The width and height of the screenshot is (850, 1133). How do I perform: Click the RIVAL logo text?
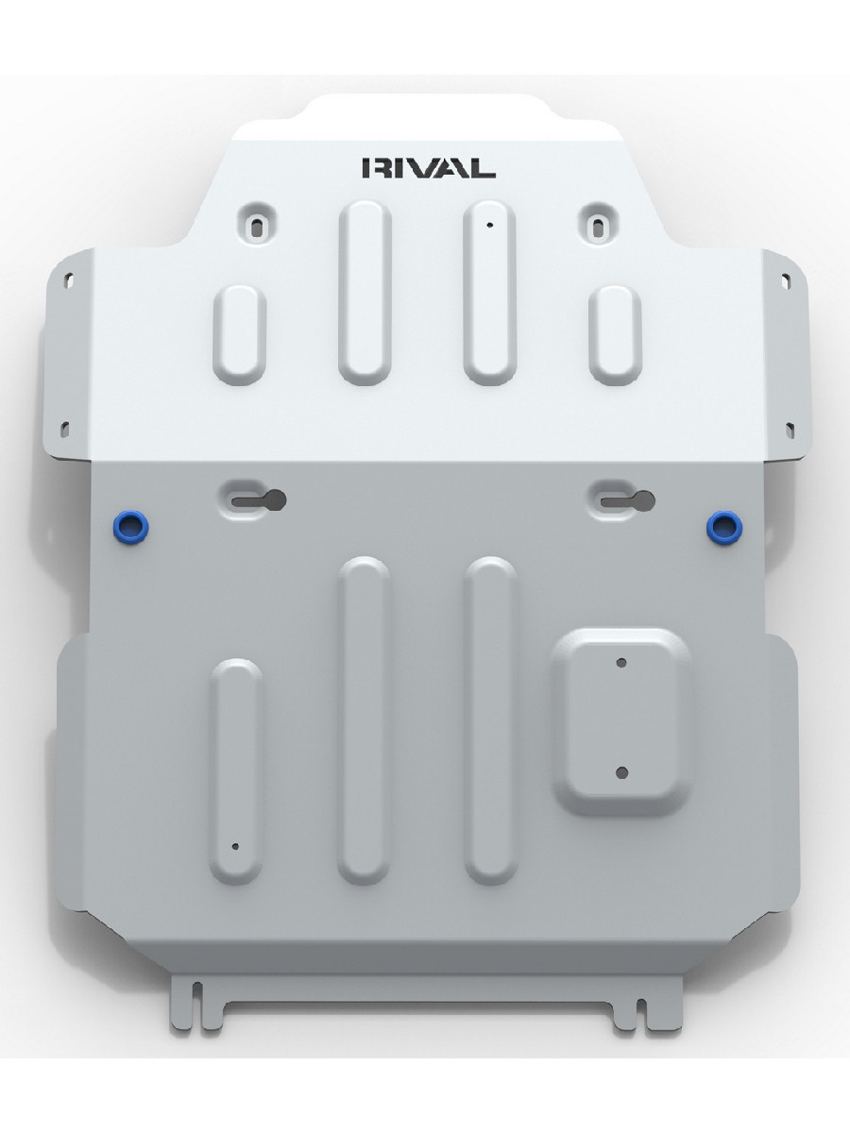[429, 168]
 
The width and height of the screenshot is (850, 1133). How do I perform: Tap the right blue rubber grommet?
[724, 529]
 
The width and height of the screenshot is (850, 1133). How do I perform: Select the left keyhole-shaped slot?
[259, 500]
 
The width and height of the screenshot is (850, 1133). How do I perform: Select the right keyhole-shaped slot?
[627, 500]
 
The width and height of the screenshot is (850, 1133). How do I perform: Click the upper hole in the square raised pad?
[621, 663]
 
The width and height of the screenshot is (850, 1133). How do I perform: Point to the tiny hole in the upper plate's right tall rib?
[490, 225]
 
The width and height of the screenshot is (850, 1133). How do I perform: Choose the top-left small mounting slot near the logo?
[257, 228]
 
